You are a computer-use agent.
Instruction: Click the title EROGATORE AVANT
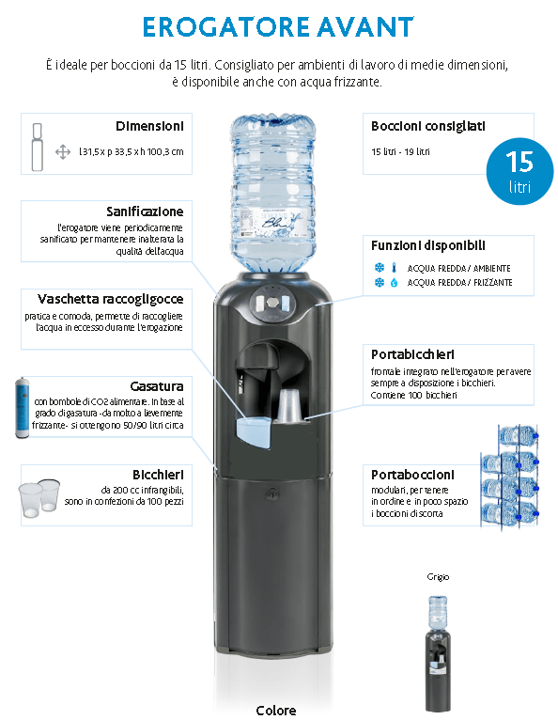pyautogui.click(x=278, y=27)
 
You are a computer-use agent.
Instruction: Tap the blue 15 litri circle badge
pyautogui.click(x=519, y=171)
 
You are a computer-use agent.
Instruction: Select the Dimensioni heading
pyautogui.click(x=149, y=126)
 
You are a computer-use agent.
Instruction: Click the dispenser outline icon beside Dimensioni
pyautogui.click(x=38, y=147)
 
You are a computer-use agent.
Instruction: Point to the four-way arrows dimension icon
pyautogui.click(x=63, y=152)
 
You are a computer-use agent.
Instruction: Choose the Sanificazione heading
pyautogui.click(x=145, y=211)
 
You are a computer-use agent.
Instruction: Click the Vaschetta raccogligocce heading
pyautogui.click(x=111, y=300)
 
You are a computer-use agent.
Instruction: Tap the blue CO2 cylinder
pyautogui.click(x=22, y=408)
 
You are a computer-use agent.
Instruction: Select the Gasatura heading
pyautogui.click(x=157, y=386)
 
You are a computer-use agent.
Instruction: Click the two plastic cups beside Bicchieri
pyautogui.click(x=39, y=498)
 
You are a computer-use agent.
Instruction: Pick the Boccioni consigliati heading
pyautogui.click(x=428, y=126)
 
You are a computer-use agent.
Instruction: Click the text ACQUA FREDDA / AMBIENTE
pyautogui.click(x=458, y=269)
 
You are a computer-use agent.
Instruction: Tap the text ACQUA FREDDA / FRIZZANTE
pyautogui.click(x=459, y=282)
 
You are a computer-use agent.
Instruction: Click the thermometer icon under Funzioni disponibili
pyautogui.click(x=394, y=268)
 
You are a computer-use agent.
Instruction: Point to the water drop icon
pyautogui.click(x=394, y=282)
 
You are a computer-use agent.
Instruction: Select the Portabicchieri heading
pyautogui.click(x=412, y=354)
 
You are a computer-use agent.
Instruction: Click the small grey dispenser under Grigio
pyautogui.click(x=438, y=653)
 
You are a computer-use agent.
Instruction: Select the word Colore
pyautogui.click(x=276, y=711)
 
